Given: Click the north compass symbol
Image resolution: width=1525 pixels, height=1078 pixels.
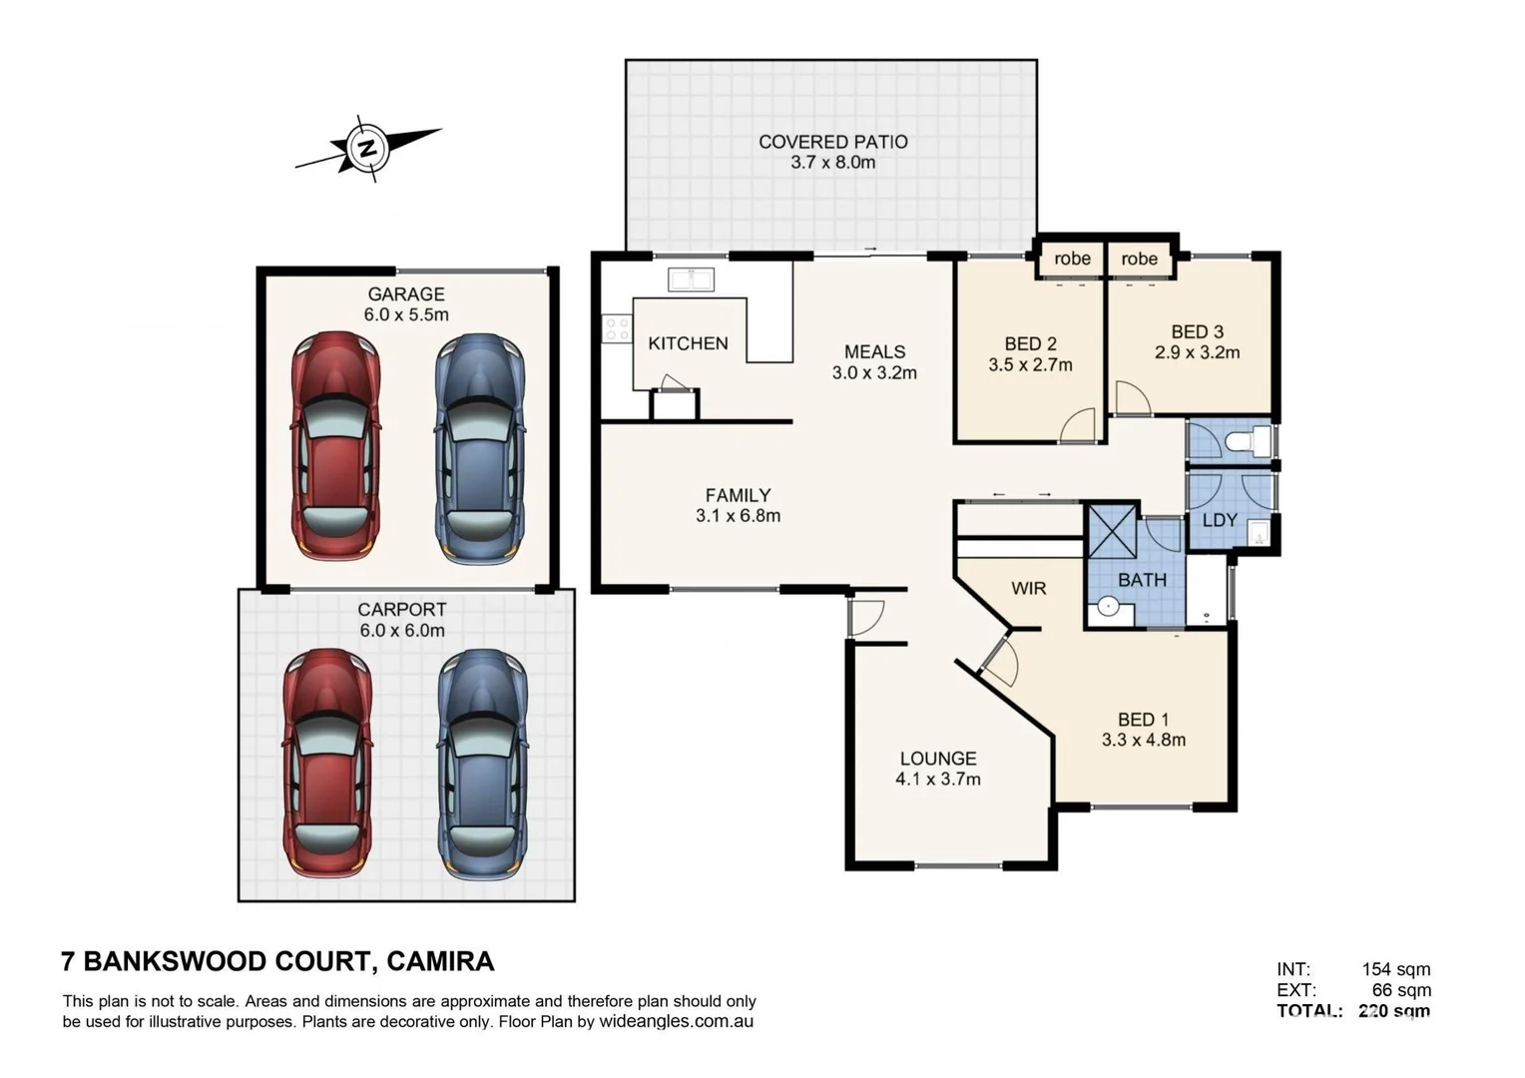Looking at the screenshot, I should coord(367,149).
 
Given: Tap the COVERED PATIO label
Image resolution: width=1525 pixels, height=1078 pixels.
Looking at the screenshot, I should coord(832,142).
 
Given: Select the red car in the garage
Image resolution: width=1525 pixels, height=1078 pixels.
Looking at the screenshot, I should coord(335,445).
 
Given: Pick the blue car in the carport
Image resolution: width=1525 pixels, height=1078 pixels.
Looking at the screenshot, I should coord(482,765).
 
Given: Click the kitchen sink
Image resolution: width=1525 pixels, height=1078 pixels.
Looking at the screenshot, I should coord(691,278).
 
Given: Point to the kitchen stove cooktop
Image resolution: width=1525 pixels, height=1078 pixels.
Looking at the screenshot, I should coord(617,328).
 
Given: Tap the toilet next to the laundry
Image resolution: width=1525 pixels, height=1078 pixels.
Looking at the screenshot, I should coord(1247,441).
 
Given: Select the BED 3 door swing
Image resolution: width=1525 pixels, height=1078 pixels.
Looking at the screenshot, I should coord(1131,398).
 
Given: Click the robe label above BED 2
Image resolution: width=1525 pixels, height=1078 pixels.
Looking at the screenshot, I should coord(1072,259).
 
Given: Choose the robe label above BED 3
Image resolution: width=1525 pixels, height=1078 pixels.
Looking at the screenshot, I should coord(1139,259).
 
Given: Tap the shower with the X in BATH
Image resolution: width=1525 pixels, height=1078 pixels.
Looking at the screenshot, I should coord(1112,532).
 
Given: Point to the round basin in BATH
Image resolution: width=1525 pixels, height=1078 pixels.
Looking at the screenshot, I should coord(1107,606).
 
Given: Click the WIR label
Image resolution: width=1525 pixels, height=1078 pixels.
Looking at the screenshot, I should coord(1028,588).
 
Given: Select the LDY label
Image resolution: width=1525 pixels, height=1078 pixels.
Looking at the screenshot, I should coord(1220,520).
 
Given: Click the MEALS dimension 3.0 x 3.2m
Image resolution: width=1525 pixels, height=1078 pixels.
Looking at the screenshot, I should coord(874,373).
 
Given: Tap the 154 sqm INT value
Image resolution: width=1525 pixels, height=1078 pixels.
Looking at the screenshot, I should coord(1395,969).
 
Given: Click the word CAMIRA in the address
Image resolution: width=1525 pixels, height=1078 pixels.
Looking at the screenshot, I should coord(440,961).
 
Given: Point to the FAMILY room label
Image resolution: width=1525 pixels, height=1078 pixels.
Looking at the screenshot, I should coord(738,495).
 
